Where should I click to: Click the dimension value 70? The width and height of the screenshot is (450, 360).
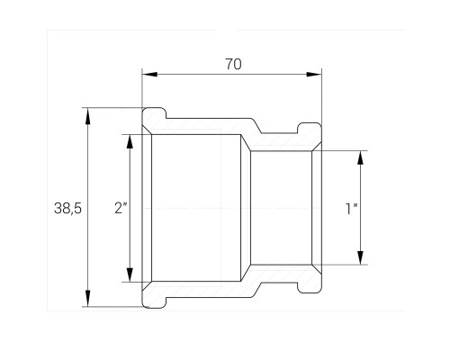[x=233, y=64]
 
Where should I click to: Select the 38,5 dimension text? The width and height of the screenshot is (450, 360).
[x=67, y=208]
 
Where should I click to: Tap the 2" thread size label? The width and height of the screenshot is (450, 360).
[x=121, y=208]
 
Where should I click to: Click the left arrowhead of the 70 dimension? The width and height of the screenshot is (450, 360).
[x=149, y=74]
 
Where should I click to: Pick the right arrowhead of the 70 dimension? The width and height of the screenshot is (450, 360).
[x=314, y=74]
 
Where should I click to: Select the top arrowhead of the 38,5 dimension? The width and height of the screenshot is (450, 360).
[x=87, y=116]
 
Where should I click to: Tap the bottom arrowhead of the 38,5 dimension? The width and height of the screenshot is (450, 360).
[x=87, y=298]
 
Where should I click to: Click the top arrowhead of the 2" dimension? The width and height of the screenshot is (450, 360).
[x=130, y=141]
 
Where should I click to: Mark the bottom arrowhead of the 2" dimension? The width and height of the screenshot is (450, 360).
[x=130, y=274]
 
